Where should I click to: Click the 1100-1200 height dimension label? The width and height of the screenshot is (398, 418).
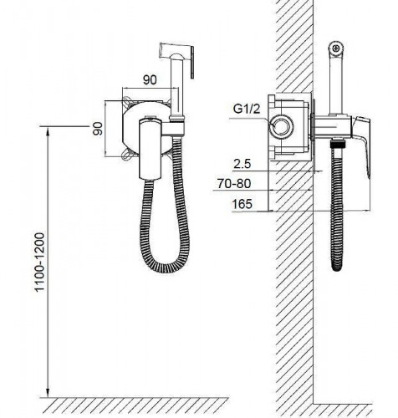39,262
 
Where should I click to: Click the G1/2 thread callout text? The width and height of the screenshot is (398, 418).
247,109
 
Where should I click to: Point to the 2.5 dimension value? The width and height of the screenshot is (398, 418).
242,164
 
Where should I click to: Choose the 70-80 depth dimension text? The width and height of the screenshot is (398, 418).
234,184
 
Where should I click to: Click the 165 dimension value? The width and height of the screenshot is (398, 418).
242,204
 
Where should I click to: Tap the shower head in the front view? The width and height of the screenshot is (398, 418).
176,60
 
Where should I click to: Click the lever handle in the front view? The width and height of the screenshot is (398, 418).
151,149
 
